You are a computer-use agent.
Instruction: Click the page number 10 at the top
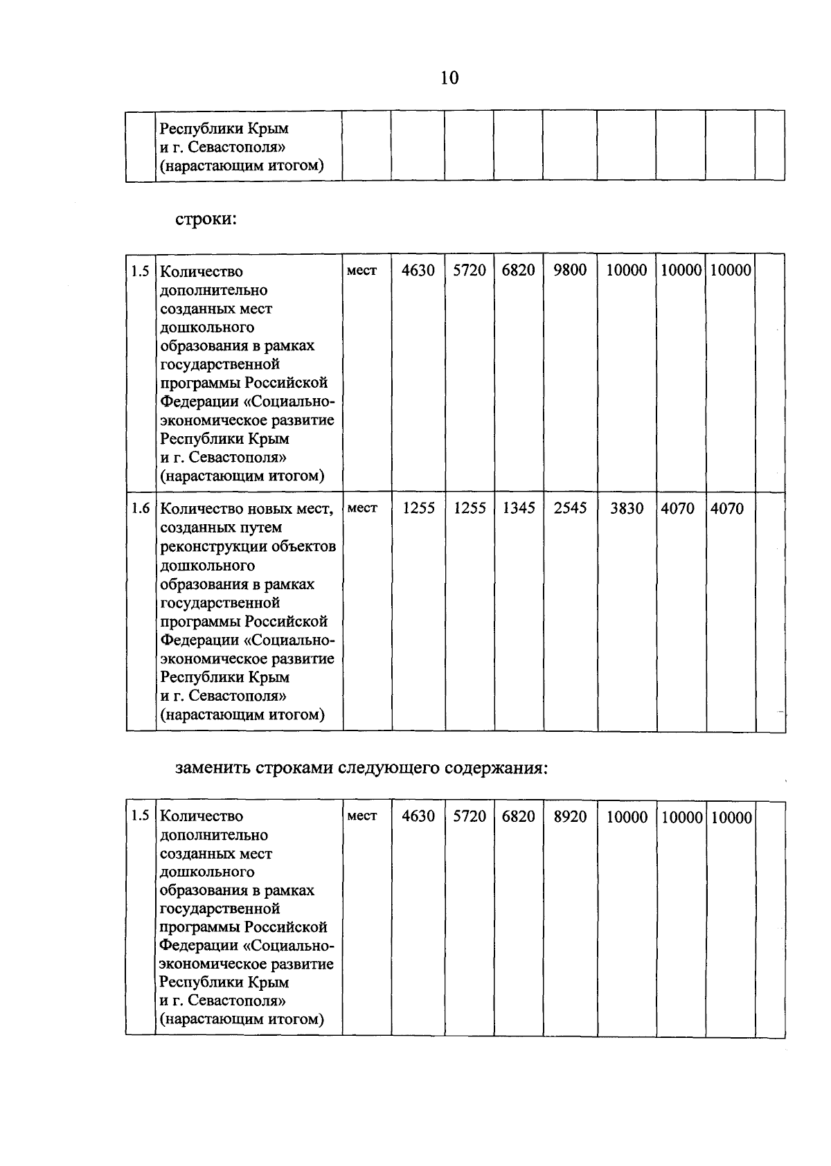point(449,78)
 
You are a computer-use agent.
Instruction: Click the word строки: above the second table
point(206,219)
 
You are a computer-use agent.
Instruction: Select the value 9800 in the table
point(570,270)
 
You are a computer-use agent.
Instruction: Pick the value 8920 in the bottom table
point(570,816)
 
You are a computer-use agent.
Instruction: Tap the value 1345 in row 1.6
point(519,508)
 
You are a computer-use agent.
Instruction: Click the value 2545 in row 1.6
point(570,508)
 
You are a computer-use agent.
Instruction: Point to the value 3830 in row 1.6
point(626,508)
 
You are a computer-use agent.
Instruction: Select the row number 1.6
point(141,508)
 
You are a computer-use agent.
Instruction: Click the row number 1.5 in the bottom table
point(141,816)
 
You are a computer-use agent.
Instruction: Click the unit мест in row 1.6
point(362,508)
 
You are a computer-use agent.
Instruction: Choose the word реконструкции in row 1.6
point(206,546)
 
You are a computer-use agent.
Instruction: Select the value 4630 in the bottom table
point(418,816)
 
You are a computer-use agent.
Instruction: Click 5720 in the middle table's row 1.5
point(470,270)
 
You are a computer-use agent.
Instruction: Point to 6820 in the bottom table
point(519,816)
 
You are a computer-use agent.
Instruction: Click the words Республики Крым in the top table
point(224,129)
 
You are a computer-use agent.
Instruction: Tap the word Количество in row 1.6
point(201,509)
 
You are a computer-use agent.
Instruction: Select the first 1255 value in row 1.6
point(418,508)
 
